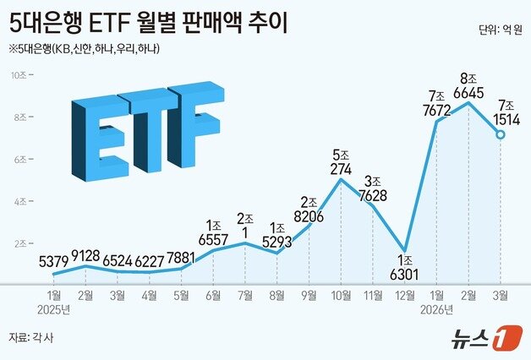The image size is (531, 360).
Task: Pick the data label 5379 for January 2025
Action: coord(53,259)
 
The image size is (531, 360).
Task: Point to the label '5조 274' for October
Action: coord(341,162)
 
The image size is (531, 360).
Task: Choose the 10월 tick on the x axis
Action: coord(341,296)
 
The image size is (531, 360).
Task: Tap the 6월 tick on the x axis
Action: coord(213,296)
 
